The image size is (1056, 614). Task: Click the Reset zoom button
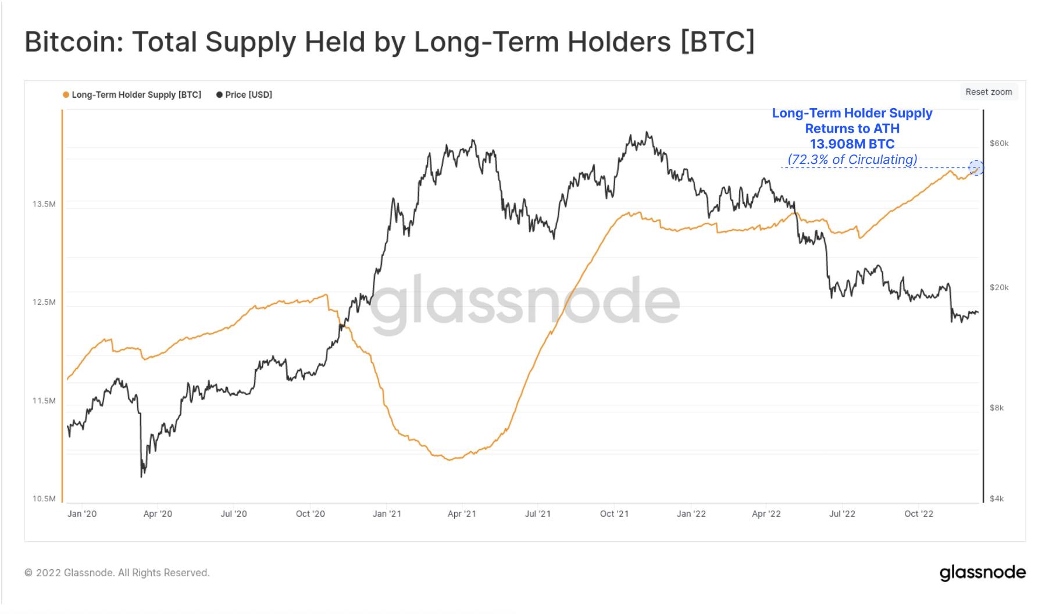coord(989,92)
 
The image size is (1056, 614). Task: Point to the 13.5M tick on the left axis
coord(44,204)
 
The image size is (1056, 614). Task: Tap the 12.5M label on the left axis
coord(44,302)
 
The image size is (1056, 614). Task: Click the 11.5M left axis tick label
coord(44,401)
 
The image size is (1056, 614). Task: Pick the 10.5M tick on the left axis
coord(44,499)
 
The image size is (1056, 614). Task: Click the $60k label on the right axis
coord(999,143)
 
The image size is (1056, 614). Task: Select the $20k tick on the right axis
coord(999,287)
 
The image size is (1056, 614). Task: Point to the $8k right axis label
coord(997,408)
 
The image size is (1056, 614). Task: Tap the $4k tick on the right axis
coord(997,499)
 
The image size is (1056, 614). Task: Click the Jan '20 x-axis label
coord(82,514)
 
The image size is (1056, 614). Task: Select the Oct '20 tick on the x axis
coord(311,514)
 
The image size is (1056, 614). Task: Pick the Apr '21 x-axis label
coord(462,514)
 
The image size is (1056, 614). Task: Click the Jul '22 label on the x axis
coord(842,514)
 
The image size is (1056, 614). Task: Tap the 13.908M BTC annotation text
coord(852,144)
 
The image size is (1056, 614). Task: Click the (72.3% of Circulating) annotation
coord(852,159)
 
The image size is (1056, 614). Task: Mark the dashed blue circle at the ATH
coord(976,168)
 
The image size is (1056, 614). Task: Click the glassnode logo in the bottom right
coord(983,573)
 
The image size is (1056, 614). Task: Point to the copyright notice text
coord(117,573)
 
